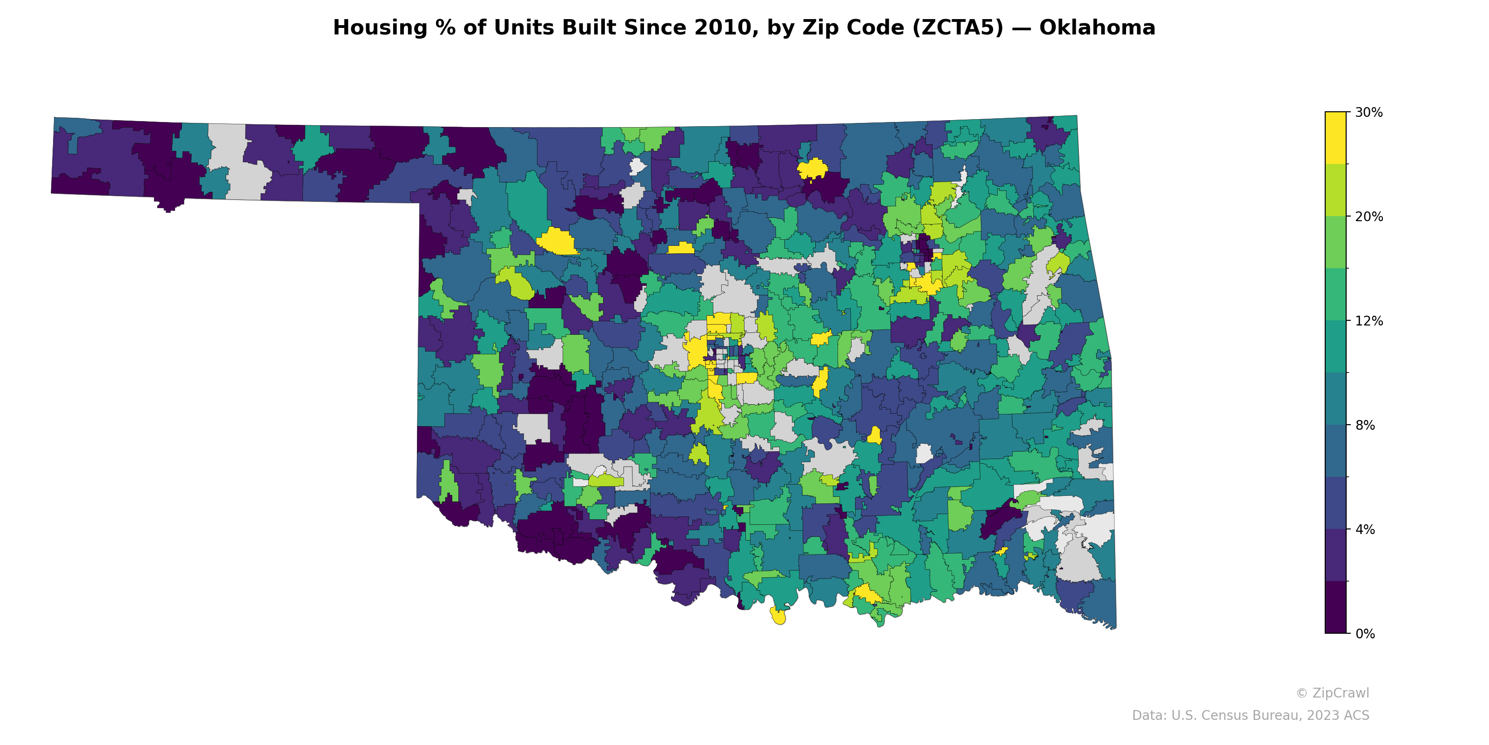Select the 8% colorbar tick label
pos(1365,425)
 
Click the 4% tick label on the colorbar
pos(1365,529)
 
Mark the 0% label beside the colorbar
pos(1365,634)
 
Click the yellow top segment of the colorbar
pos(1335,138)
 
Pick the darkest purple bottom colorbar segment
pos(1335,607)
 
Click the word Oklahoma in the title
pos(1097,28)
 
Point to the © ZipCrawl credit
pos(1332,693)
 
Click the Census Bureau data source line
pos(1250,716)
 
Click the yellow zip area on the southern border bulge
pos(778,616)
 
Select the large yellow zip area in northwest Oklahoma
pos(556,242)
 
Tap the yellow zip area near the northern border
pos(812,169)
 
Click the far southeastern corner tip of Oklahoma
pos(1113,627)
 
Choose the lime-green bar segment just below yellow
pos(1335,190)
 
